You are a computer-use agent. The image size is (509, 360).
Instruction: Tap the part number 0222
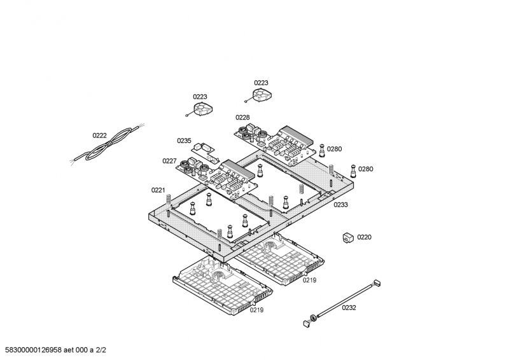[x=99, y=135]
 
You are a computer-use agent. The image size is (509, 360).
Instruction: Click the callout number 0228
[x=242, y=117]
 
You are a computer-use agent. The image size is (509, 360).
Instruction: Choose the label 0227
[x=169, y=161]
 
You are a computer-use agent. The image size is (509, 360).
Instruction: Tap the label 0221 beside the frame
[x=158, y=190]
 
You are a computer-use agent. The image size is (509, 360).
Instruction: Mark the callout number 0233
[x=341, y=205]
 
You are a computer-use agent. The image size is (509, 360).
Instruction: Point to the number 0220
[x=364, y=237]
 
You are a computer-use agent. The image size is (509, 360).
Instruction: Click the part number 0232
[x=349, y=308]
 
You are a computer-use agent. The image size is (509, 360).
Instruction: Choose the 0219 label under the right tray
[x=309, y=280]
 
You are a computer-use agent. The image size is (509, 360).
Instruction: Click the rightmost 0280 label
[x=366, y=169]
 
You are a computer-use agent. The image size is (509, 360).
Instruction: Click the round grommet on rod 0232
[x=313, y=316]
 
